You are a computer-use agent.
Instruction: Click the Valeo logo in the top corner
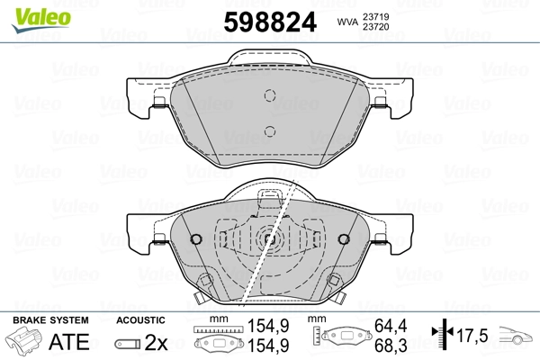[x=41, y=20]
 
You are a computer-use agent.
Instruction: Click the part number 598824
[x=270, y=22]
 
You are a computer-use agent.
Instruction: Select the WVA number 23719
[x=375, y=16]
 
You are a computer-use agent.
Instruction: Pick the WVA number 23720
[x=375, y=26]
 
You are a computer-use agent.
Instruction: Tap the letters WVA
[x=347, y=22]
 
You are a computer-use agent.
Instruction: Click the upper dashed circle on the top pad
[x=270, y=95]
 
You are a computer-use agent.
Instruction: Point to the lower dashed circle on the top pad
[x=270, y=131]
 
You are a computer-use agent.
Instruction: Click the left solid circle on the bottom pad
[x=196, y=239]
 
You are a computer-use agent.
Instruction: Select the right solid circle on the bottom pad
[x=344, y=239]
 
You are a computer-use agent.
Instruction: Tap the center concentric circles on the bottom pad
[x=270, y=238]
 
